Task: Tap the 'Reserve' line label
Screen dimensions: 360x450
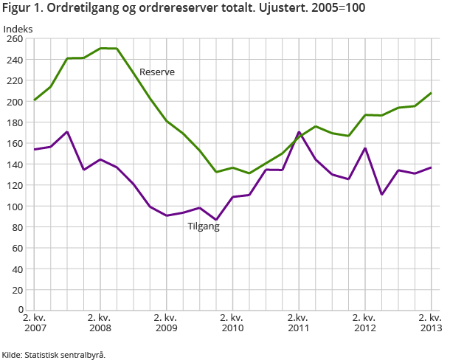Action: (157, 72)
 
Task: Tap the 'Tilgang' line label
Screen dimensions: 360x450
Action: (204, 226)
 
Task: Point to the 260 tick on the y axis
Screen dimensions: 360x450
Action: (14, 39)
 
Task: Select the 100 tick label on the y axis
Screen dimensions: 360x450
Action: (14, 206)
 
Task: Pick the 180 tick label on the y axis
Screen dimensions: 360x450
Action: (14, 122)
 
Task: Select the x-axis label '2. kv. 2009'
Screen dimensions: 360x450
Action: (165, 322)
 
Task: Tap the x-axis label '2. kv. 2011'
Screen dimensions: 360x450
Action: (298, 322)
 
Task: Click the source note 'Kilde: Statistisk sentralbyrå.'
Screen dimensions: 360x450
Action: (54, 354)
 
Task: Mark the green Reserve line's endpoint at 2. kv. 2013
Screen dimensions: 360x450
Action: (431, 93)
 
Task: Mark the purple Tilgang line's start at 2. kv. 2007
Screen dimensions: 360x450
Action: (34, 150)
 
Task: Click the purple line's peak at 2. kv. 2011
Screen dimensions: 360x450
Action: (299, 132)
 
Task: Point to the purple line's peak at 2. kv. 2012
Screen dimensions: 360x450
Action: (365, 148)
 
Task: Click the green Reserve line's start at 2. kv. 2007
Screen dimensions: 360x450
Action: (34, 100)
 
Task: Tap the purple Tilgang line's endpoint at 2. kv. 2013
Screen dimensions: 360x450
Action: (431, 167)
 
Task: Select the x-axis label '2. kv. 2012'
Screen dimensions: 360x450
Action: (364, 322)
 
